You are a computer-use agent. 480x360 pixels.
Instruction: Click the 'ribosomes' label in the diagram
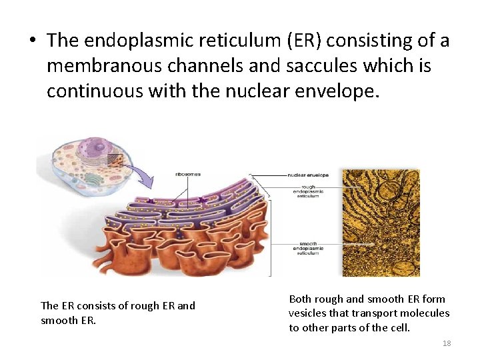188,175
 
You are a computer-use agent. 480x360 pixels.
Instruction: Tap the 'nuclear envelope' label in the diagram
308,175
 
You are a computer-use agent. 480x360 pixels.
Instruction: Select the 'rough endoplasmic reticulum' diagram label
309,191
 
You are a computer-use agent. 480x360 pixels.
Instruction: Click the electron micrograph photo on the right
381,223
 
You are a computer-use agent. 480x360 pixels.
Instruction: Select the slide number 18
447,343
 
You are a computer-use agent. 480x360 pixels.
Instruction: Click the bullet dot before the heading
31,41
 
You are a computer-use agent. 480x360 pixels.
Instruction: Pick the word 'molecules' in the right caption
426,313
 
